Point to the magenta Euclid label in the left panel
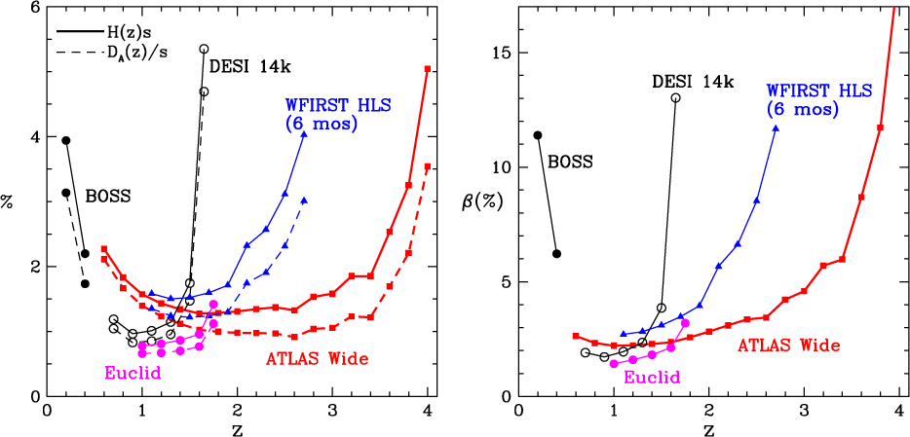pos(133,372)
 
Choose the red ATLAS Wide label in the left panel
pos(318,359)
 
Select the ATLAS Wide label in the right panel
pos(788,345)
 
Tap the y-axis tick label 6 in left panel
pos(36,8)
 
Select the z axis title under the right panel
pos(708,427)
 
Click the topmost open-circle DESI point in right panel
pos(675,98)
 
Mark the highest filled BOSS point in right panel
pos(538,135)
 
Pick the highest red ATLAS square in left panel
pos(428,69)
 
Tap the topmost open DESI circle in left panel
pos(205,49)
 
